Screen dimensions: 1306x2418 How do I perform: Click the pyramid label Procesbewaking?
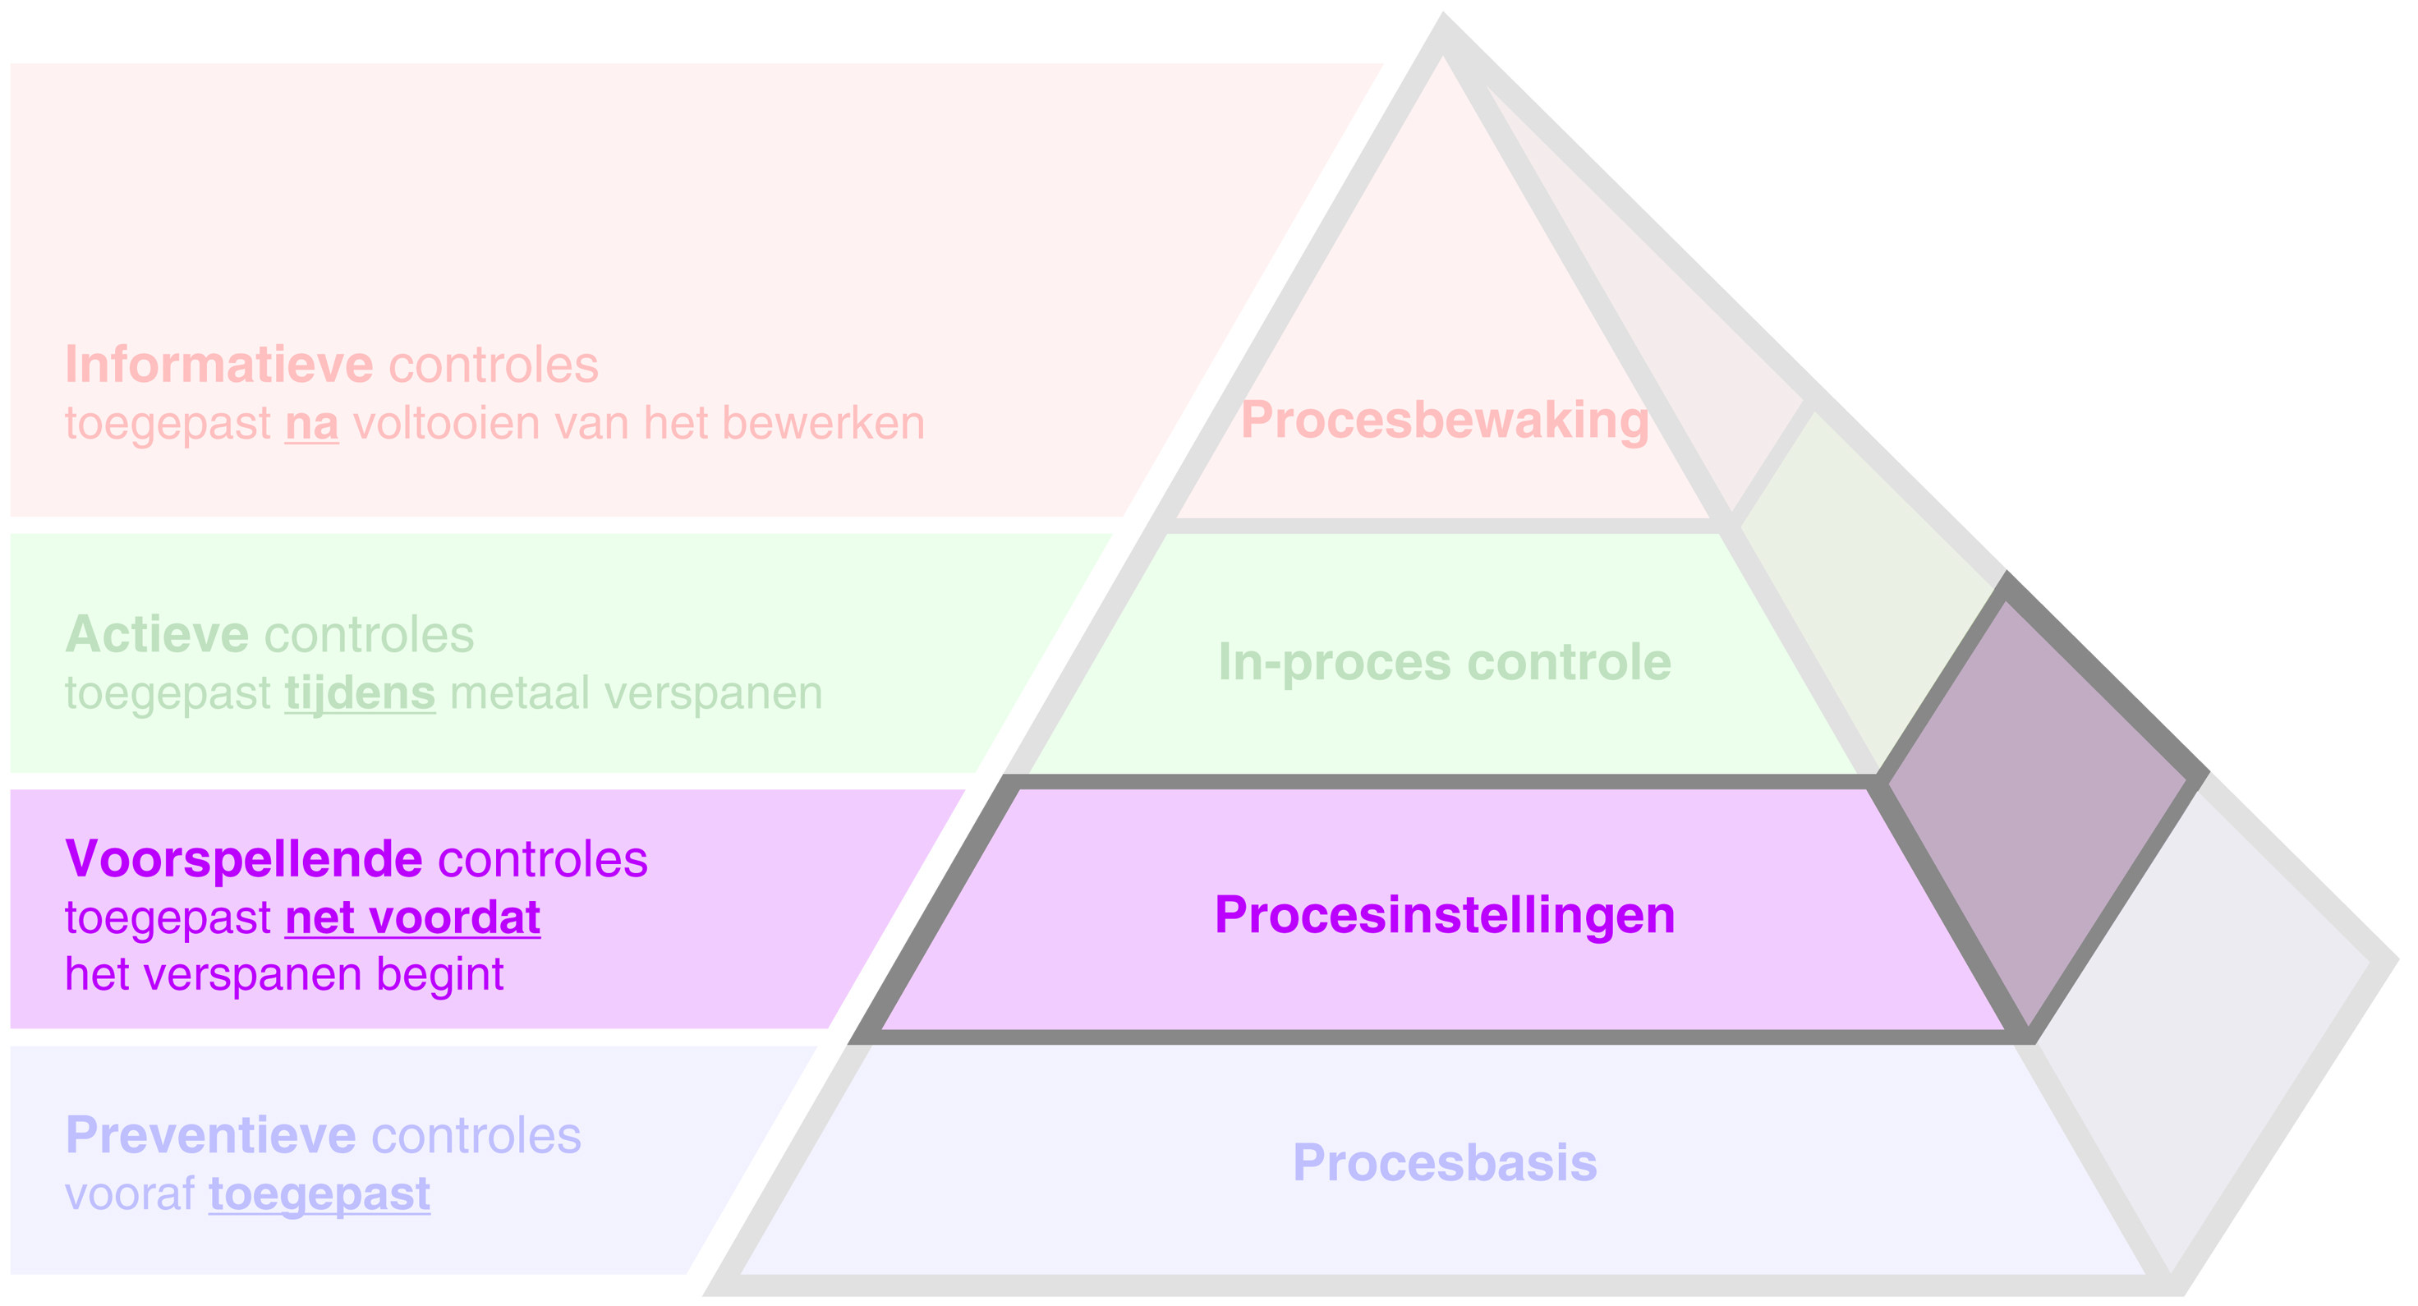(1444, 420)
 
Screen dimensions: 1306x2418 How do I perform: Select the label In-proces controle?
(1444, 662)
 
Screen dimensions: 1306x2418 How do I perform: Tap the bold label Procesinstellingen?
(1444, 914)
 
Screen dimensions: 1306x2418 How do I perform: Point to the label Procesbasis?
(1444, 1162)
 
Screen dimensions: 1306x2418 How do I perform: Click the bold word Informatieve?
(218, 365)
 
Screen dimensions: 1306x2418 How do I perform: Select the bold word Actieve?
(156, 635)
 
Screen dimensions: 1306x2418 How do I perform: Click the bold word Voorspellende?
(243, 859)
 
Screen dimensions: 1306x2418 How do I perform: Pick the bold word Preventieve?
(210, 1135)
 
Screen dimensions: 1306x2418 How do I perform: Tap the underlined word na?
(311, 424)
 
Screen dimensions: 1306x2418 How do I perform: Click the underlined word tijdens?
(360, 694)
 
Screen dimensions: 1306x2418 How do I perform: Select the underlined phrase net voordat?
(412, 917)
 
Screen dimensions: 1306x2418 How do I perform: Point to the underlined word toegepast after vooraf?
(319, 1194)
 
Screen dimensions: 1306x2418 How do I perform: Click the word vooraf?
(130, 1194)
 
